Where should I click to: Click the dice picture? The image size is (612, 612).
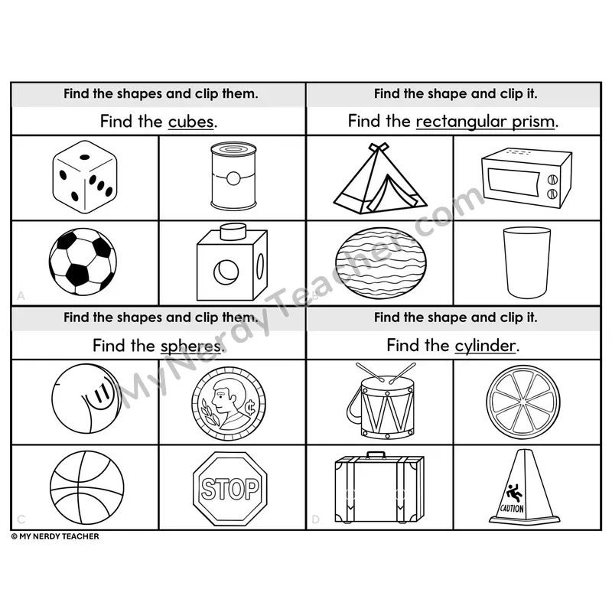click(x=85, y=177)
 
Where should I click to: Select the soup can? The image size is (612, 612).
click(x=233, y=176)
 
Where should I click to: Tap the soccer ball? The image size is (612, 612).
click(x=83, y=262)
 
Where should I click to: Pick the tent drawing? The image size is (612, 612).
click(x=380, y=178)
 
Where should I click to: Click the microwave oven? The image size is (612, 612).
click(x=526, y=178)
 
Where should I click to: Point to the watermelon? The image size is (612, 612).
click(x=380, y=263)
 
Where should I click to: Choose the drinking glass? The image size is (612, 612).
click(x=526, y=262)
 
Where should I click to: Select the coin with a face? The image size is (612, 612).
click(x=229, y=404)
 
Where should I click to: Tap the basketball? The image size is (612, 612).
click(x=86, y=488)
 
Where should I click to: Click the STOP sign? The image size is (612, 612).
click(x=230, y=489)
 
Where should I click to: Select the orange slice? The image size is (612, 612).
click(x=523, y=402)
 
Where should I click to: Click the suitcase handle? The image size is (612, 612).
click(x=375, y=454)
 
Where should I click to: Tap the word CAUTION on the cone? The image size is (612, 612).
click(x=512, y=509)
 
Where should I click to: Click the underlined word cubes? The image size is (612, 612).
click(x=190, y=122)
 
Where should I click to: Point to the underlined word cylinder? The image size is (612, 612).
click(x=485, y=346)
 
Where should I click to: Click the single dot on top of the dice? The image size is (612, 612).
click(x=85, y=158)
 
